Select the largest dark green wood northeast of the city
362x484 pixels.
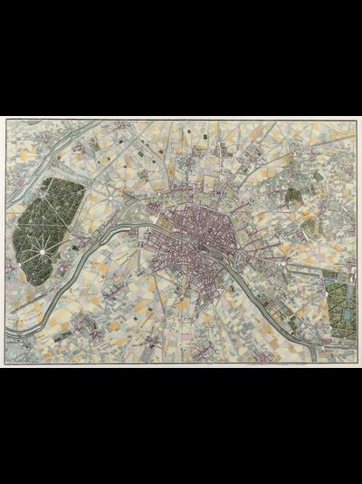tap(293, 194)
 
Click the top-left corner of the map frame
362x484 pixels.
tap(5, 120)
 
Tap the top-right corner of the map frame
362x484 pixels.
tap(357, 120)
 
